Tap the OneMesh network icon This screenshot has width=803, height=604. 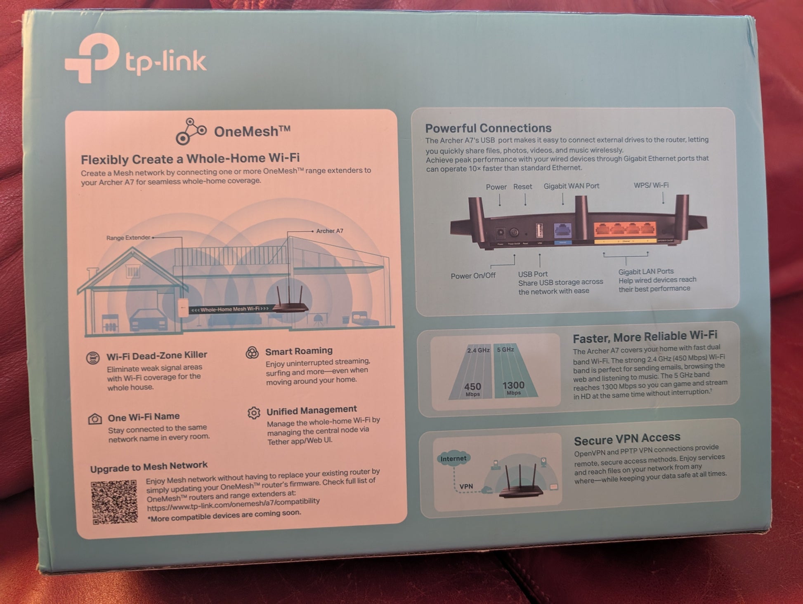coord(190,132)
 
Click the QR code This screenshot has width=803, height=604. coord(114,502)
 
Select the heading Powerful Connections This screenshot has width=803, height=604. coord(488,128)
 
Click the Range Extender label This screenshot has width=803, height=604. coord(128,238)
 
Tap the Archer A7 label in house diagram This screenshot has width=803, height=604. coord(329,231)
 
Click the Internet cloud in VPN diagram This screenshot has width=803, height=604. coord(453,458)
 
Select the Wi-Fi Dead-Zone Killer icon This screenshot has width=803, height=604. coord(93,357)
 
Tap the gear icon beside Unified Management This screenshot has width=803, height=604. coord(254,413)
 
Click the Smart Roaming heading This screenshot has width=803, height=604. coord(299,351)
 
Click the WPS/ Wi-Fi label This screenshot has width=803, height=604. coord(651,186)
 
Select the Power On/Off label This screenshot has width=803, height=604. coord(473,276)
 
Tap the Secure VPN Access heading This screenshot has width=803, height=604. coord(627,439)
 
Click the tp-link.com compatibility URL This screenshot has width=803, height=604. coord(233,504)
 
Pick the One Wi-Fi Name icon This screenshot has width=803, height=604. coord(95,419)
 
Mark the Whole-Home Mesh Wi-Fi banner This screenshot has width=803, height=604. coord(229,309)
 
